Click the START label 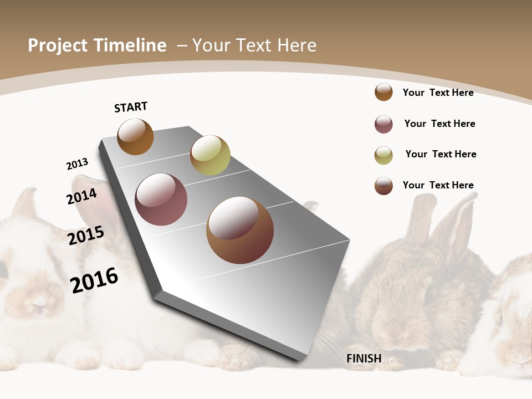pyautogui.click(x=131, y=107)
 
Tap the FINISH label pyautogui.click(x=364, y=359)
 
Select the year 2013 pyautogui.click(x=77, y=164)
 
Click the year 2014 pyautogui.click(x=81, y=196)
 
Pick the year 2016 pyautogui.click(x=94, y=280)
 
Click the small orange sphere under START pyautogui.click(x=135, y=137)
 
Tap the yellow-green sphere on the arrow pyautogui.click(x=210, y=155)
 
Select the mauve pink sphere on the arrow pyautogui.click(x=161, y=199)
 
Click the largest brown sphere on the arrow pyautogui.click(x=240, y=230)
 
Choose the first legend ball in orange pyautogui.click(x=383, y=92)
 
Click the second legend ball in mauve pyautogui.click(x=383, y=124)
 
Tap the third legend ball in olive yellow pyautogui.click(x=383, y=155)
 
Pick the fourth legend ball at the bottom pyautogui.click(x=383, y=186)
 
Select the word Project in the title pyautogui.click(x=57, y=45)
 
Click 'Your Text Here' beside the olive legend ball pyautogui.click(x=441, y=154)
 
